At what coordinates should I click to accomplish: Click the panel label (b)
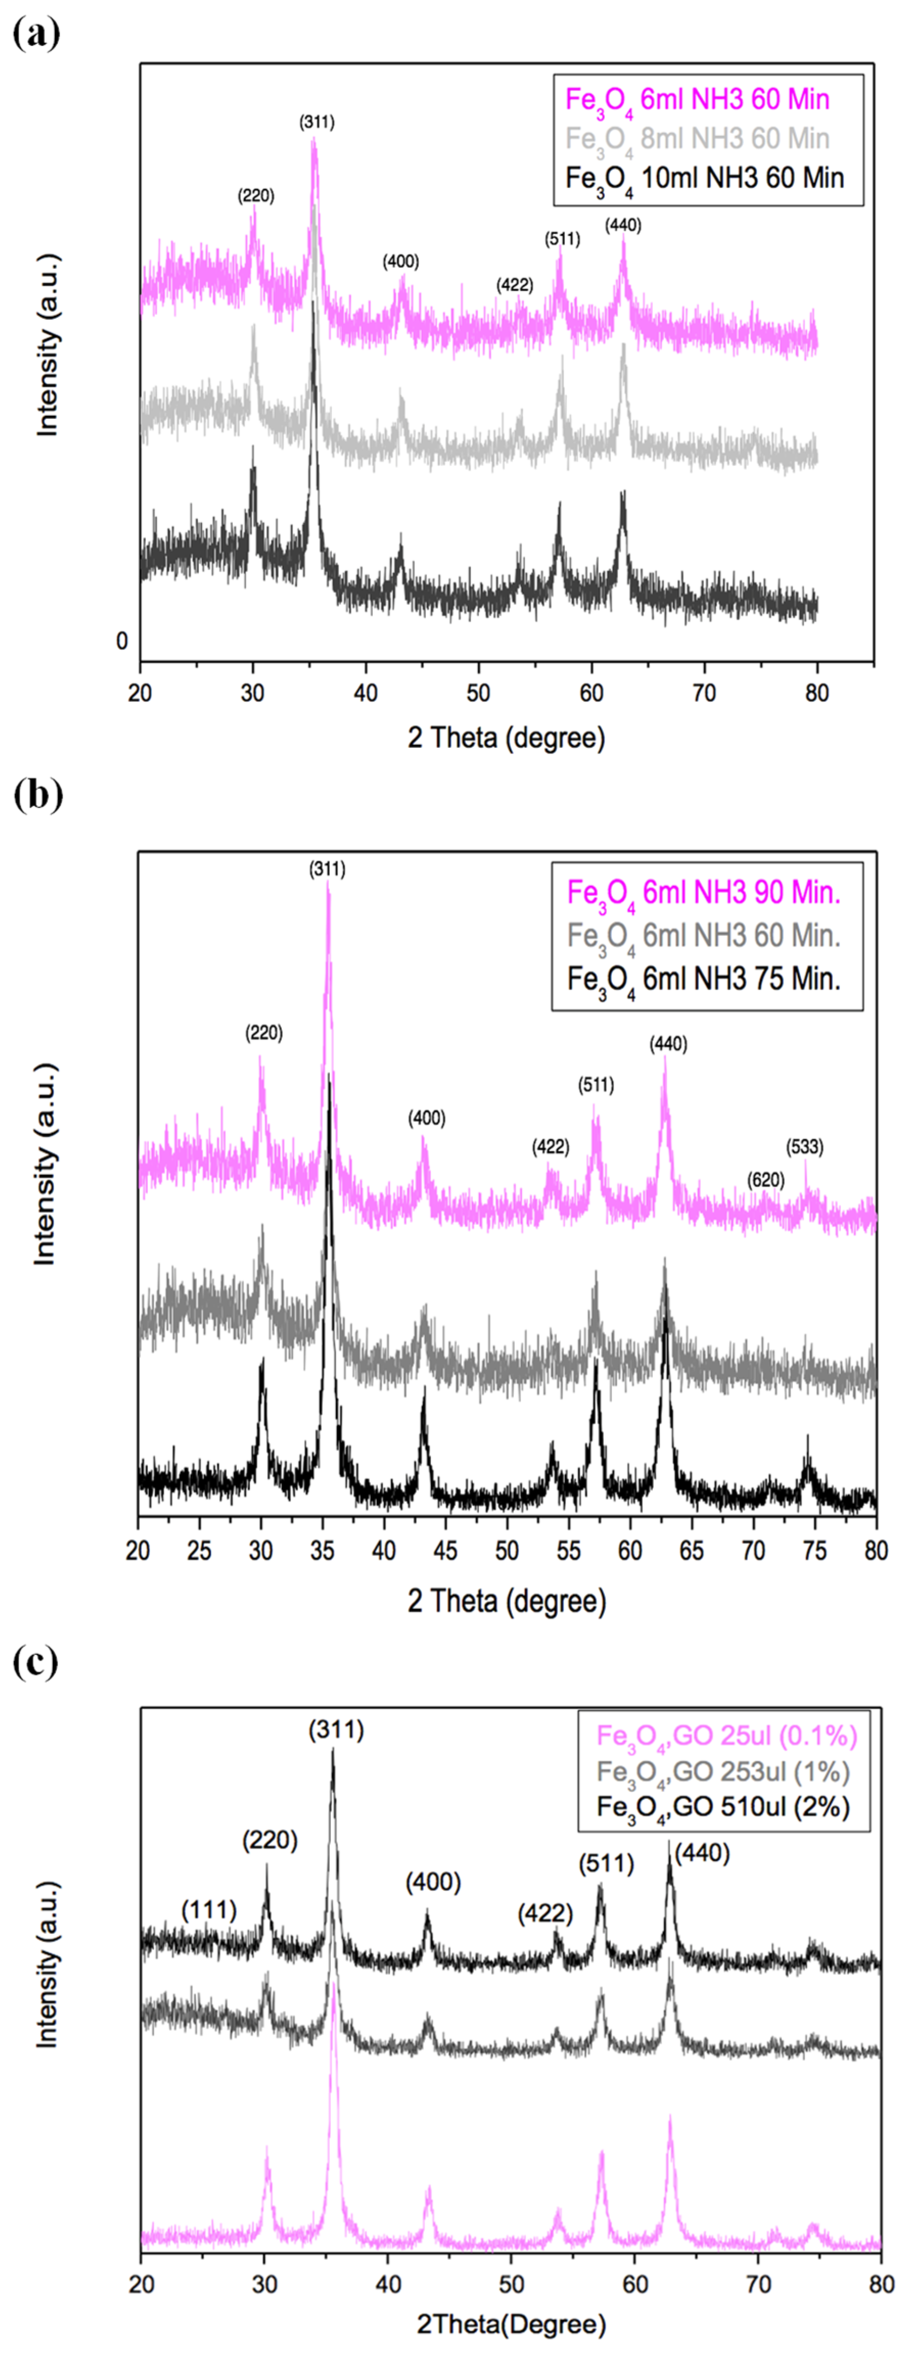[x=37, y=794]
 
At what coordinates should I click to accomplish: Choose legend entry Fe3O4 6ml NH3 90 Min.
[x=703, y=892]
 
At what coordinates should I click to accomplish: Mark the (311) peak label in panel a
[x=316, y=122]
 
